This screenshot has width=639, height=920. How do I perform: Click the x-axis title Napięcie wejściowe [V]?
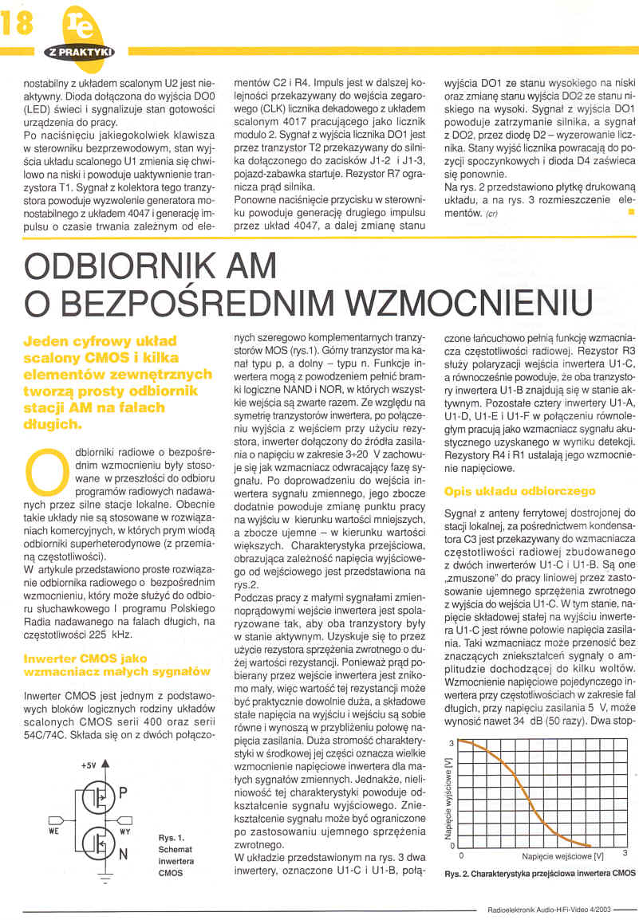556,855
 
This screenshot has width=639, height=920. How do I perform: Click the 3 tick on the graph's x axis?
625,854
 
